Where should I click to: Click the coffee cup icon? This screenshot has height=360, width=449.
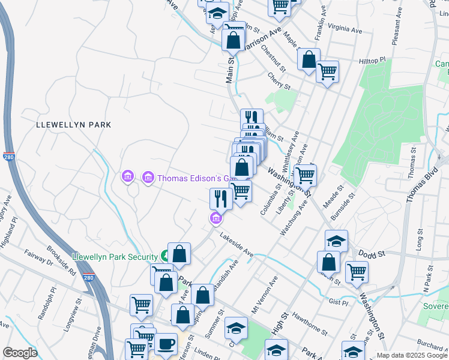166,344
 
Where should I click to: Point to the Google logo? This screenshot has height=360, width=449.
20,353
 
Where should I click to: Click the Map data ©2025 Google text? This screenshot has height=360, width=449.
412,355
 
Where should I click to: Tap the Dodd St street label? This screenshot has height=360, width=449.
373,254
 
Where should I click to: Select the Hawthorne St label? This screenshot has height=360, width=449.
307,325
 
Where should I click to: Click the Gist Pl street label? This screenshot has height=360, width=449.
338,302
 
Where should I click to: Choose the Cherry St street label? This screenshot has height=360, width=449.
279,82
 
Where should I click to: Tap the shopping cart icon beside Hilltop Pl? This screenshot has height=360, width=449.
327,71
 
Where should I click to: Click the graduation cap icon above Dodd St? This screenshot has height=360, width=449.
336,241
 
